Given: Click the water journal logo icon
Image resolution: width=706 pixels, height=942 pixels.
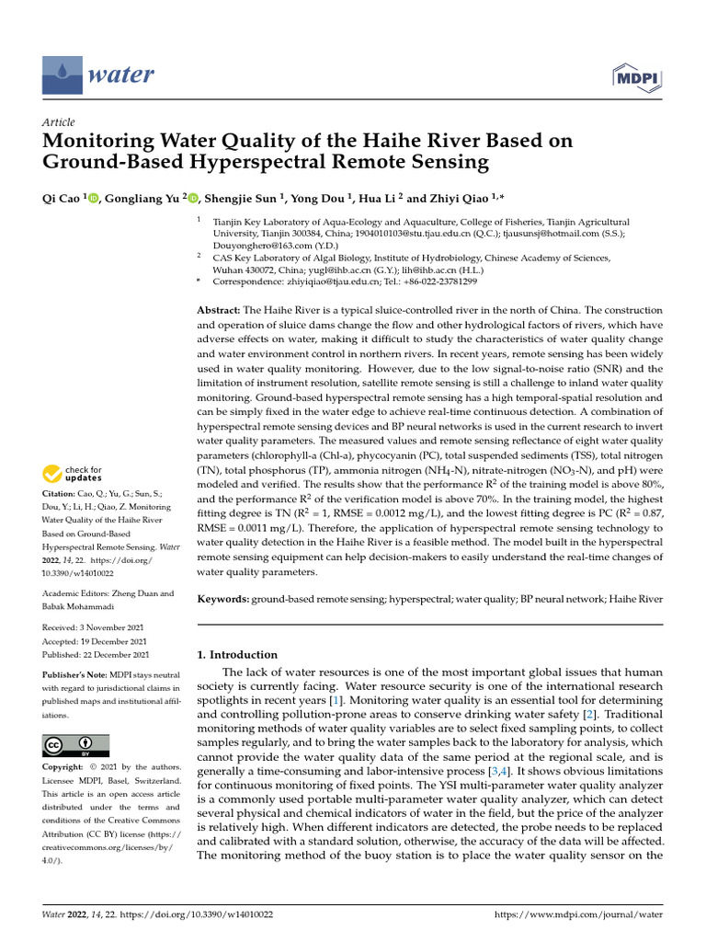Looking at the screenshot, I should (62, 73).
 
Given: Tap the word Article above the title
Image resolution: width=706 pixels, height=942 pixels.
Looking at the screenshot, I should (59, 122).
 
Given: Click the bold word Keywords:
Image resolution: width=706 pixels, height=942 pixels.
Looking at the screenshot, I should (223, 599).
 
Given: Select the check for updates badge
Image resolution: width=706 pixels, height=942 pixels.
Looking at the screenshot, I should (73, 475).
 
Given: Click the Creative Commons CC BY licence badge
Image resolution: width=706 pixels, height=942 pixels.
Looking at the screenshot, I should (76, 744).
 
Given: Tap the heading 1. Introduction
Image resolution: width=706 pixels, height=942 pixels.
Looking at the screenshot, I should (238, 655).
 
